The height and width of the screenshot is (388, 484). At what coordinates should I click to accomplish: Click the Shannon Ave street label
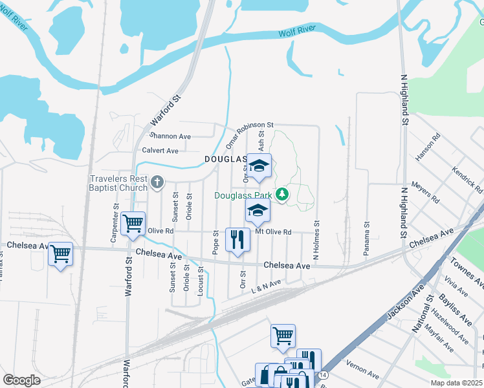[170, 136]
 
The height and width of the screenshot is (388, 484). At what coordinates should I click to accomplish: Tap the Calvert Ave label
[160, 151]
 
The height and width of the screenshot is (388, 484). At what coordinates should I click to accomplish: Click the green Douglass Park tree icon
[281, 194]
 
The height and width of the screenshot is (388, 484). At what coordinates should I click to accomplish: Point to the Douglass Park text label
[243, 195]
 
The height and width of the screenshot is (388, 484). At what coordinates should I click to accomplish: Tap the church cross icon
[157, 182]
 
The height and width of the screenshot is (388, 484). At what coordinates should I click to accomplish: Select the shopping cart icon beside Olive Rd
[133, 224]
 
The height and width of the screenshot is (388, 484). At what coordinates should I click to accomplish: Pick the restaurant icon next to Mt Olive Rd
[237, 239]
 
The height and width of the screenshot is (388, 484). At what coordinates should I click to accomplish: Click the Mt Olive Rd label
[273, 232]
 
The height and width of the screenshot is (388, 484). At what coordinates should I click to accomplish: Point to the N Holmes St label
[317, 241]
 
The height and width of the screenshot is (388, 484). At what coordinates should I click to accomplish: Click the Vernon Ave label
[363, 370]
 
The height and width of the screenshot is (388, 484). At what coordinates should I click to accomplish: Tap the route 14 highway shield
[322, 375]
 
